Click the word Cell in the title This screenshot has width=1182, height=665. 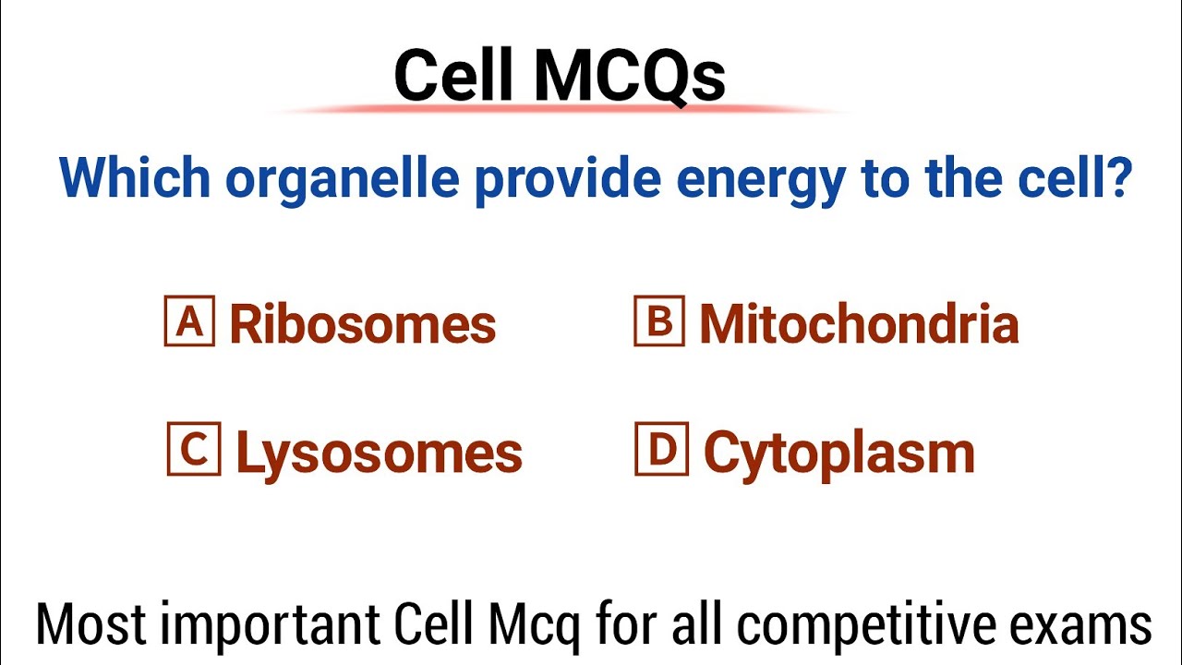pos(453,75)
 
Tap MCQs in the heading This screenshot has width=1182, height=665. pos(629,77)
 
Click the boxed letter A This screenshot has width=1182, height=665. pos(189,320)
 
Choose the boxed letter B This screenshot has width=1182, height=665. pos(659,320)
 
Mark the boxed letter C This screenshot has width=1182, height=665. pos(194,449)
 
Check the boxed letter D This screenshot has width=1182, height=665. pos(661,449)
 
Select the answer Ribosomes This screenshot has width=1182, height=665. pos(362,323)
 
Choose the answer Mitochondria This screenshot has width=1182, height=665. pos(859,323)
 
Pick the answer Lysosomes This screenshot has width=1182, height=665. pos(379,453)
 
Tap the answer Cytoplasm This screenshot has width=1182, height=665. pos(838,453)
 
